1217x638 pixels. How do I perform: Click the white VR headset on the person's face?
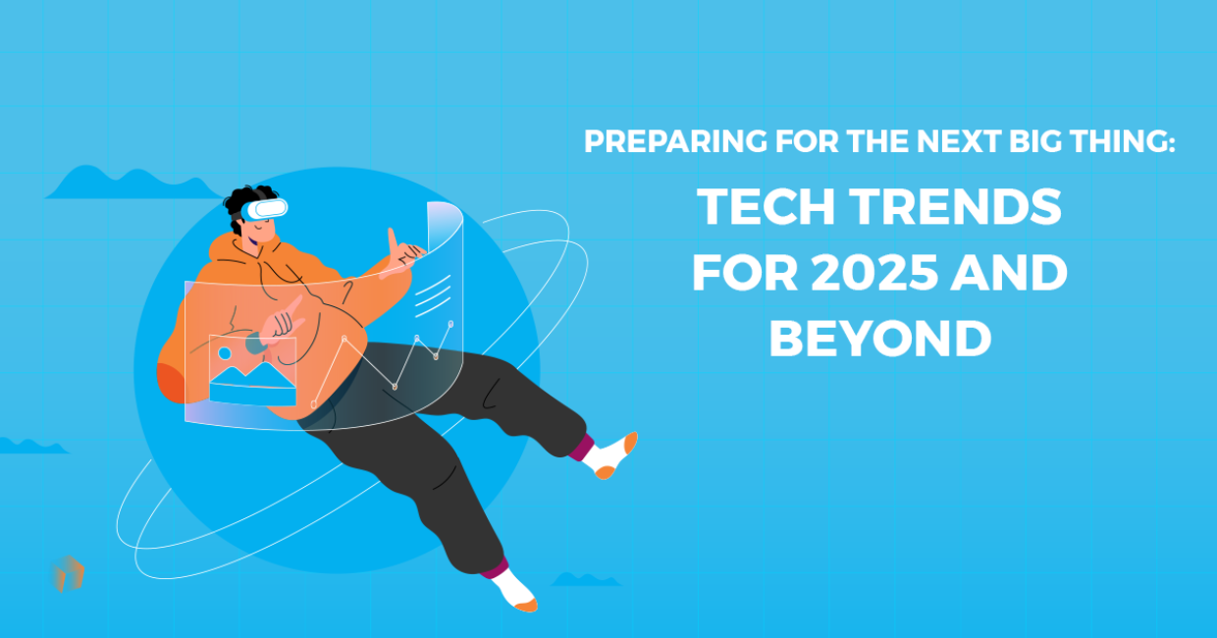[x=266, y=208]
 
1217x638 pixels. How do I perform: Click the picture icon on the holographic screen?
[x=252, y=370]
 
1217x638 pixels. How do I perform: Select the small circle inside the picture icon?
[x=225, y=353]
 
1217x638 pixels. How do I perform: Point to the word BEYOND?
[x=879, y=339]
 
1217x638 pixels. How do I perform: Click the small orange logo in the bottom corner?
[x=68, y=574]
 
